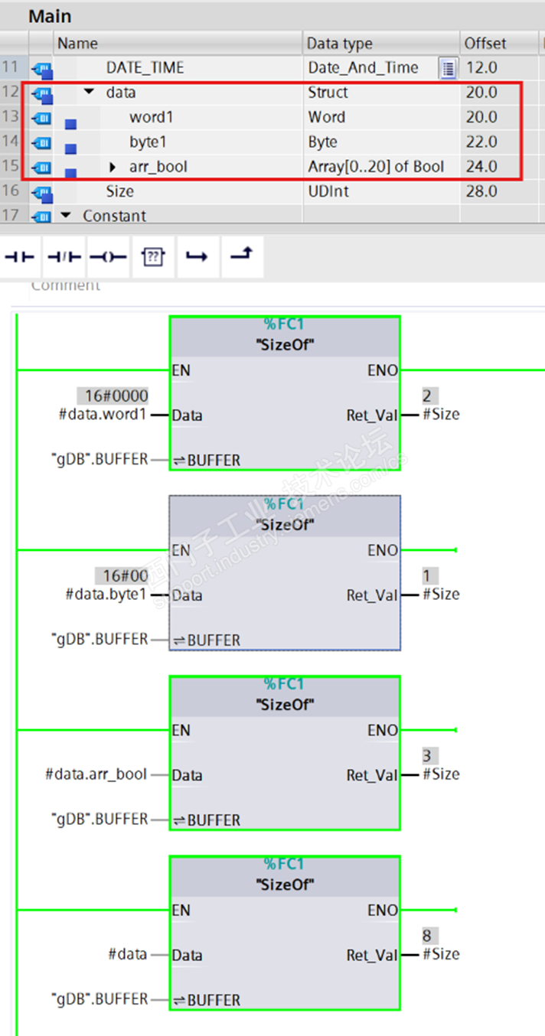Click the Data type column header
tap(339, 44)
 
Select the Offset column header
tap(485, 44)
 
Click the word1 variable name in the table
tap(152, 117)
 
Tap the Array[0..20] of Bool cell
tap(376, 166)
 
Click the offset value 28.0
tap(481, 191)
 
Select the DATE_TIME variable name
tap(145, 68)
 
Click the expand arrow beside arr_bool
tap(113, 167)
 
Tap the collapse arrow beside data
tap(90, 93)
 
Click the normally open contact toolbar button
tap(20, 257)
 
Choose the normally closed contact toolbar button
tap(64, 257)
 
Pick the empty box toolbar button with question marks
tap(153, 257)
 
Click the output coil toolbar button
tap(108, 257)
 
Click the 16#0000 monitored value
tap(113, 396)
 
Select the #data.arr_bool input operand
tap(96, 774)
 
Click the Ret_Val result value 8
tap(430, 935)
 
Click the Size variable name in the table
tap(119, 191)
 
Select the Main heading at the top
tap(50, 16)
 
